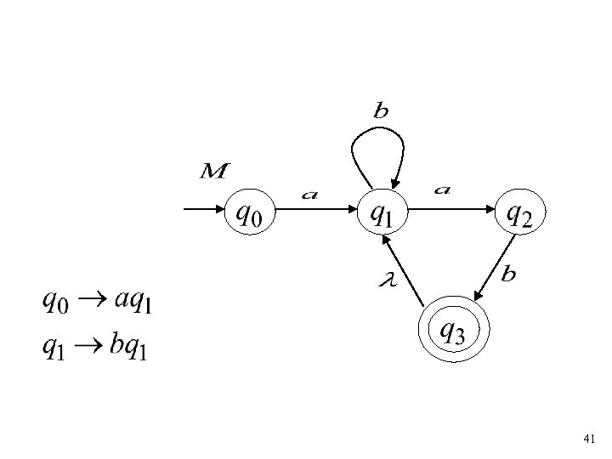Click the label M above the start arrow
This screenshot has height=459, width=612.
212,173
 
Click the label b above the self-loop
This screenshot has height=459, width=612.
381,110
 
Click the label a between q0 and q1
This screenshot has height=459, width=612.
310,195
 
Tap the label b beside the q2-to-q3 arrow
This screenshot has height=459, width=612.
509,274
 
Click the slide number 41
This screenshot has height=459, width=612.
589,439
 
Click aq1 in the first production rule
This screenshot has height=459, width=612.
129,301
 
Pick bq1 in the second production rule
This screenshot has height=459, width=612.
128,348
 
